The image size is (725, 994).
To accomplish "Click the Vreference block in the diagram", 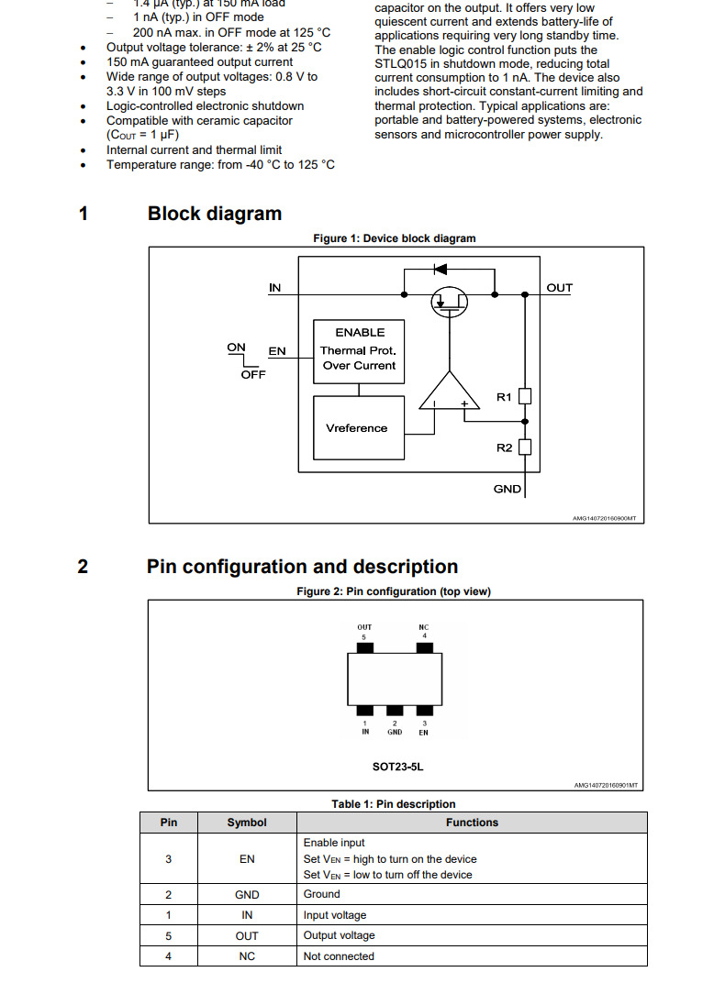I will [358, 427].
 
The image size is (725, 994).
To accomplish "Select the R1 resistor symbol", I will [525, 397].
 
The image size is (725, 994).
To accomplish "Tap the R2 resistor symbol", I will [525, 447].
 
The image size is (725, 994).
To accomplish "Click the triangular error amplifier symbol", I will [450, 393].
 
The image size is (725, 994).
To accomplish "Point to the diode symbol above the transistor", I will [439, 270].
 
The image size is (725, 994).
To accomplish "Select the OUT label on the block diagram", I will [559, 288].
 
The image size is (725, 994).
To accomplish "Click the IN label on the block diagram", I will [274, 288].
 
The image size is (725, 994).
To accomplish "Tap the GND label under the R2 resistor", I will [507, 489].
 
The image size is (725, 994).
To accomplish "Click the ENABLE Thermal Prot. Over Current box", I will [359, 349].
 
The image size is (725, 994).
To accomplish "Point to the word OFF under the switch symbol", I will [253, 374].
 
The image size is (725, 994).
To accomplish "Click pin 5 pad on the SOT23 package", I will [364, 648].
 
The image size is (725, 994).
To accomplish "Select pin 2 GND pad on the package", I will [395, 711].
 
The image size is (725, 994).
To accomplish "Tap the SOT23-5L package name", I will [394, 763].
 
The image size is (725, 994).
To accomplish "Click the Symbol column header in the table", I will [247, 823].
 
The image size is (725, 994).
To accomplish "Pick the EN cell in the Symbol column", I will [247, 859].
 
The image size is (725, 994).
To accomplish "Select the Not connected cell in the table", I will [339, 956].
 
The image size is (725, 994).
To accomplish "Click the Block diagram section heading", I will [215, 214].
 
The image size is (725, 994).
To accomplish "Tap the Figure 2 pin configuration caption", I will [394, 591].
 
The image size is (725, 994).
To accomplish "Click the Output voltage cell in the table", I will [339, 935].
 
